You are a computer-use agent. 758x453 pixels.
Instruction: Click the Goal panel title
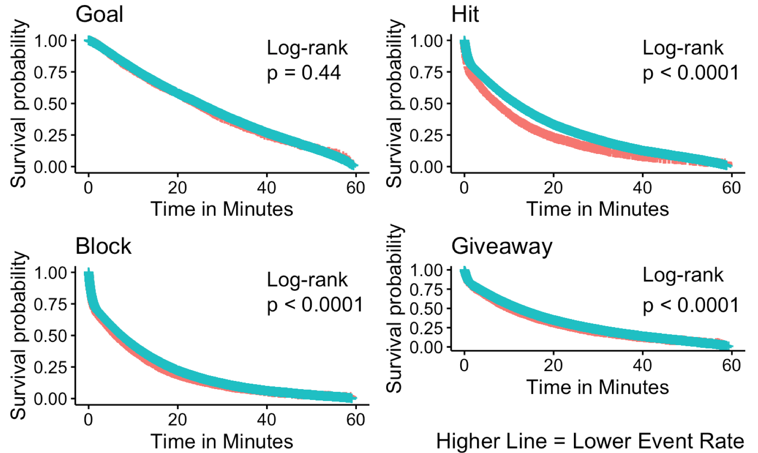click(x=99, y=14)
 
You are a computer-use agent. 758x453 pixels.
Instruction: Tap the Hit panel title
click(x=465, y=14)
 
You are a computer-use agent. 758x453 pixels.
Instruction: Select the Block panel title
click(x=103, y=246)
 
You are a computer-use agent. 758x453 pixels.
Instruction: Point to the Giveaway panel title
click(x=502, y=246)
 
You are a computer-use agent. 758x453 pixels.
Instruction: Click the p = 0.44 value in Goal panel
click(x=304, y=73)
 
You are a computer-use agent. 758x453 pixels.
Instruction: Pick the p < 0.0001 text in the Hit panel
click(x=691, y=73)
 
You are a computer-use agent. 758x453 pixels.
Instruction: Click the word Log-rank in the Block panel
click(x=307, y=280)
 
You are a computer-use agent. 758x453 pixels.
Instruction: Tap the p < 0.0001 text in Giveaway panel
click(x=691, y=305)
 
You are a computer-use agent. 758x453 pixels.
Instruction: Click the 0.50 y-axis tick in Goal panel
click(x=50, y=104)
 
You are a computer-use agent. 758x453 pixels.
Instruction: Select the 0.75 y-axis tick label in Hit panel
click(x=426, y=72)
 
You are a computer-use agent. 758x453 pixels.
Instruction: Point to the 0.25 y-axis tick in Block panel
click(x=50, y=367)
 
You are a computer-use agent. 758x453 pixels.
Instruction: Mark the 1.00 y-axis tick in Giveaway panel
click(x=426, y=270)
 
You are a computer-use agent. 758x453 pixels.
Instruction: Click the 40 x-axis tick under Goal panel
click(x=266, y=188)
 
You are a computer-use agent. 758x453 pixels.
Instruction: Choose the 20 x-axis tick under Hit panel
click(x=553, y=188)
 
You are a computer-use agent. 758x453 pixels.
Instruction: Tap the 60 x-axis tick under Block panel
click(x=355, y=419)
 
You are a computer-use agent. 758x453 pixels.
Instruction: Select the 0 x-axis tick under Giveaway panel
click(x=464, y=365)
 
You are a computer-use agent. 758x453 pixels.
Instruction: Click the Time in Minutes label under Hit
click(x=598, y=209)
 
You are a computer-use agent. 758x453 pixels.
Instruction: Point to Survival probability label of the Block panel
click(x=19, y=335)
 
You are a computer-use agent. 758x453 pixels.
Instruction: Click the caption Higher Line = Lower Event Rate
click(x=590, y=441)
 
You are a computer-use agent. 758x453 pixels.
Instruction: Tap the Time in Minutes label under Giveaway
click(x=598, y=387)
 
